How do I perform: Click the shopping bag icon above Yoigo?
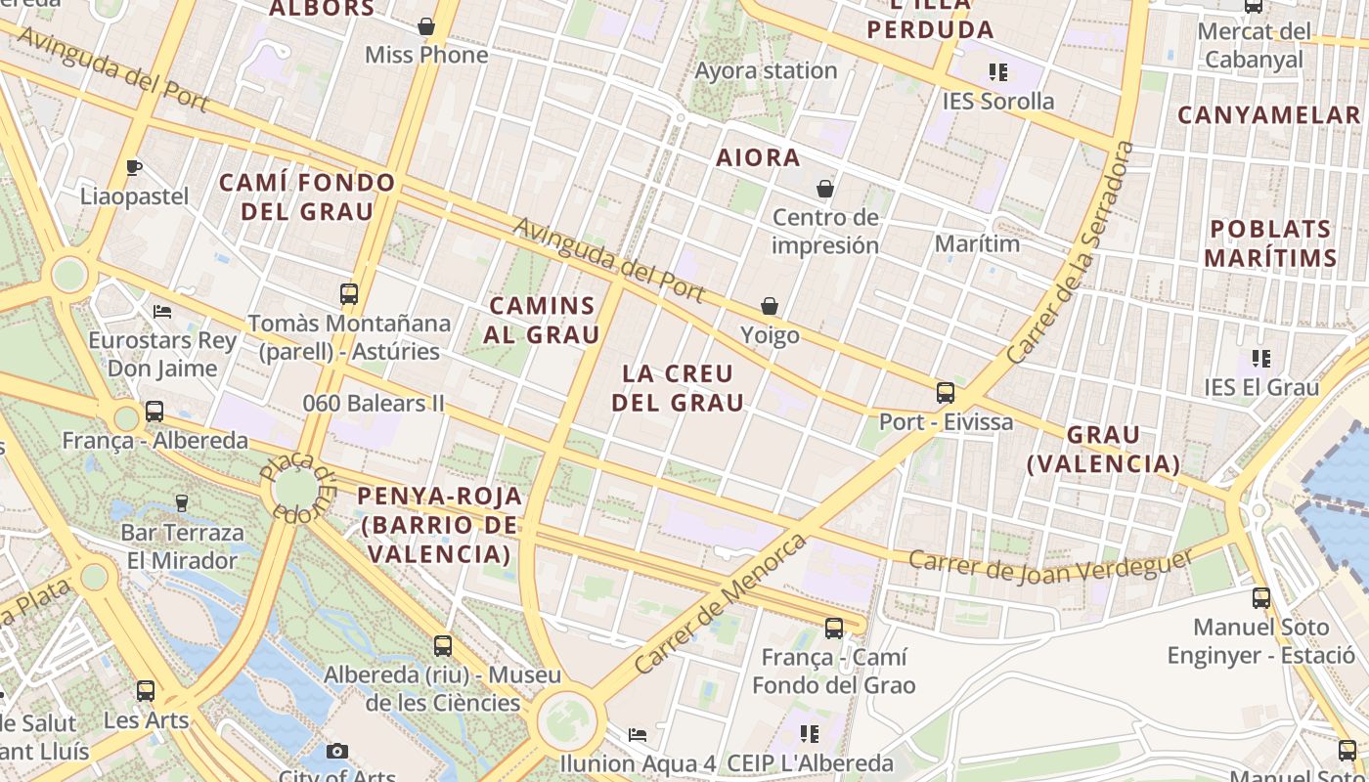pyautogui.click(x=770, y=306)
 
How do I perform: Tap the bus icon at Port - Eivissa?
pyautogui.click(x=945, y=393)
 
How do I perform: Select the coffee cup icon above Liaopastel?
pyautogui.click(x=134, y=167)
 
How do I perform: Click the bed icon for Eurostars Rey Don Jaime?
pyautogui.click(x=162, y=312)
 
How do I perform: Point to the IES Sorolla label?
pyautogui.click(x=997, y=101)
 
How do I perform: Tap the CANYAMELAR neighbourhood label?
pyautogui.click(x=1268, y=115)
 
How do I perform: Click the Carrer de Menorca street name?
pyautogui.click(x=722, y=602)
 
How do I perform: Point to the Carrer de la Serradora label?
pyautogui.click(x=1071, y=254)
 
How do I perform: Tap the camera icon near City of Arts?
pyautogui.click(x=337, y=751)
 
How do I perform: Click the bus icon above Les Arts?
pyautogui.click(x=146, y=690)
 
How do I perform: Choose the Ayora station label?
pyautogui.click(x=766, y=70)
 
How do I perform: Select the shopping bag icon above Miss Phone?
pyautogui.click(x=426, y=25)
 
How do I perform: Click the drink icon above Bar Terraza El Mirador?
pyautogui.click(x=181, y=503)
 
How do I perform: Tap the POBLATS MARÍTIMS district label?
pyautogui.click(x=1269, y=243)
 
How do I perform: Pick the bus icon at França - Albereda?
pyautogui.click(x=155, y=412)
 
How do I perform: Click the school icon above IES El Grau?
pyautogui.click(x=1261, y=359)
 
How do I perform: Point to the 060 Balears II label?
pyautogui.click(x=374, y=403)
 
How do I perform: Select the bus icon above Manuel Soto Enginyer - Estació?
pyautogui.click(x=1261, y=597)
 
